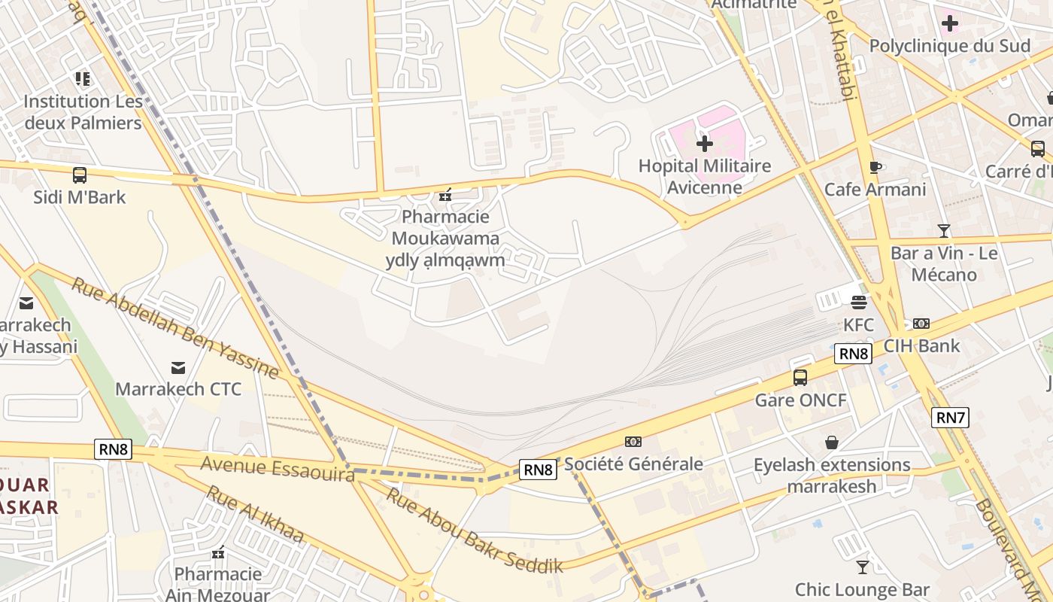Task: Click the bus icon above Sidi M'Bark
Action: (x=80, y=175)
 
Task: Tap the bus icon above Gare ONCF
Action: (x=800, y=378)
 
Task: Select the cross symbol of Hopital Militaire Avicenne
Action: (x=704, y=143)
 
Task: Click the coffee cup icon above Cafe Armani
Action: (x=875, y=167)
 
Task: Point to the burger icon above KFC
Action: (x=859, y=303)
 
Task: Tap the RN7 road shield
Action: (x=950, y=417)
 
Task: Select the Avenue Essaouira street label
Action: (x=278, y=468)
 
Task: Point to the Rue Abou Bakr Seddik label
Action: (x=475, y=531)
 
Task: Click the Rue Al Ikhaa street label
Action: (x=255, y=515)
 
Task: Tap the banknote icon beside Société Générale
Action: (x=633, y=442)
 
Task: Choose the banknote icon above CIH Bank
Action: (x=921, y=324)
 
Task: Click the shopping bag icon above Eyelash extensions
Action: (x=832, y=442)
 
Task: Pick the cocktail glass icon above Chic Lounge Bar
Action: (x=863, y=567)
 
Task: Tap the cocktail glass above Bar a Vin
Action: (x=944, y=230)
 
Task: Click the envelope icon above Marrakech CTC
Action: (x=178, y=367)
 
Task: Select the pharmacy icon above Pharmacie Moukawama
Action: (x=445, y=195)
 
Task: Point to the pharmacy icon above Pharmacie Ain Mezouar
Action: (x=218, y=552)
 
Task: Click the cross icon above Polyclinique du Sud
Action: (x=950, y=23)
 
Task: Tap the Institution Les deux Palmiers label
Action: (x=83, y=111)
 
